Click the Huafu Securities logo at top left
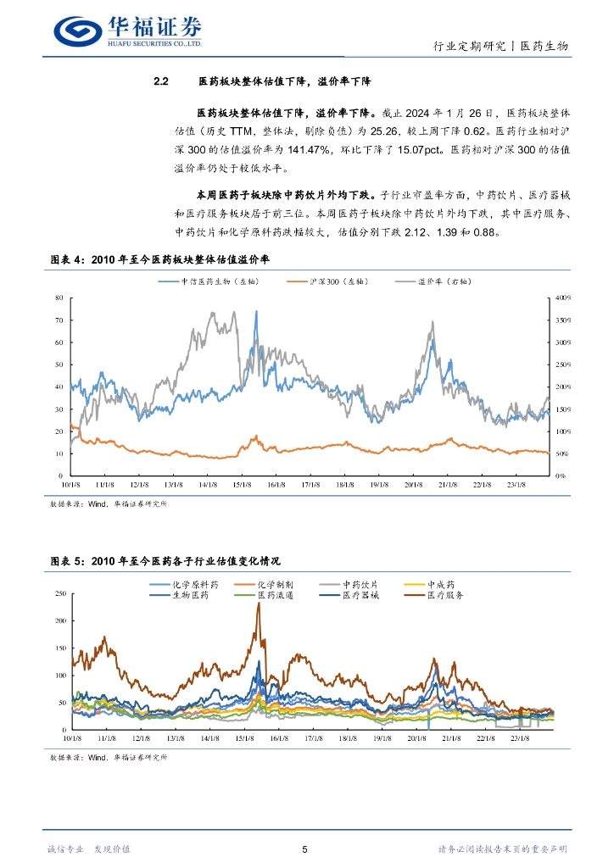127,31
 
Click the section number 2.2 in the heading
162,82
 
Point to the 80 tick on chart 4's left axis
59,298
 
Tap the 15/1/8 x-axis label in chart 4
243,485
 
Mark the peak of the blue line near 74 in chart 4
256,311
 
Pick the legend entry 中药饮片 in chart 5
360,585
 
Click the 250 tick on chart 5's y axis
59,593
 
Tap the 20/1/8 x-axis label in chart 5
414,738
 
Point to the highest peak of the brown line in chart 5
258,604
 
